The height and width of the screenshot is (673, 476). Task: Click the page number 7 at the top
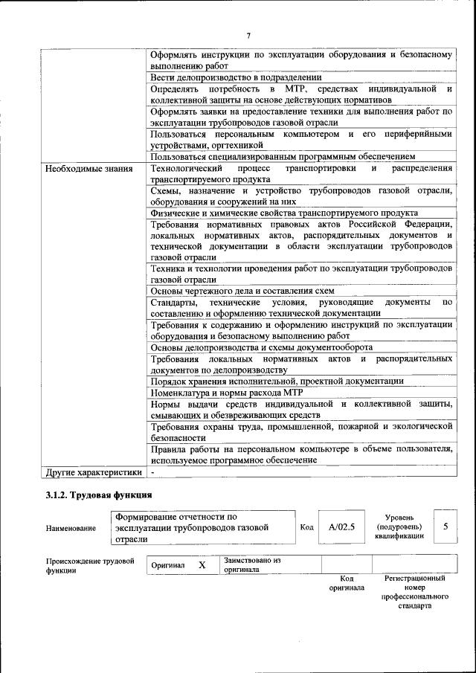pos(248,35)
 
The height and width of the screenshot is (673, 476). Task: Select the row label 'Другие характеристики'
pos(94,471)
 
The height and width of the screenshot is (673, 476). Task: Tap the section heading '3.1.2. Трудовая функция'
pos(99,495)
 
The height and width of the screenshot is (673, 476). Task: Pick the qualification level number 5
pos(445,526)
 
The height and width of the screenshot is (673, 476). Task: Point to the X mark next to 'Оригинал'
pos(202,565)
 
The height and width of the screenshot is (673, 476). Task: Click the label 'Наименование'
pos(71,528)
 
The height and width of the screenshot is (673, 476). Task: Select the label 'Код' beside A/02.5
pos(306,527)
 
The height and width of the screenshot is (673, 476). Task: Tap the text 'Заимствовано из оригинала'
pos(252,565)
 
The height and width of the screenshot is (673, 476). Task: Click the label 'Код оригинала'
pos(346,582)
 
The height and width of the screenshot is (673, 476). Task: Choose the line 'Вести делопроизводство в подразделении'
pos(236,77)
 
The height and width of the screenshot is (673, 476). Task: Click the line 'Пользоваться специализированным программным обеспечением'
pos(282,156)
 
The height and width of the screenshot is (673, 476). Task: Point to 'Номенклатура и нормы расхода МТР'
pos(226,392)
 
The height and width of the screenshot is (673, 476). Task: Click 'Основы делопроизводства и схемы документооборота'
pos(261,347)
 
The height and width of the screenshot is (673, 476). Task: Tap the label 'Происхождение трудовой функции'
pos(89,566)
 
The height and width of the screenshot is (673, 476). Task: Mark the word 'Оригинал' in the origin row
pos(168,565)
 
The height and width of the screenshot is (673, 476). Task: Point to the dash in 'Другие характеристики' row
pos(152,471)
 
